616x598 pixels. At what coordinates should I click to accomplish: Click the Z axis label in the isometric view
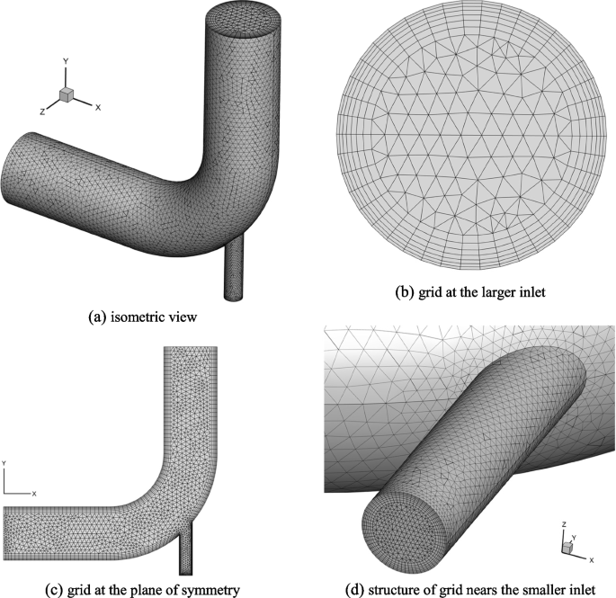click(42, 106)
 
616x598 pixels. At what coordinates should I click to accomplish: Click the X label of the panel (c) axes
click(34, 494)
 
